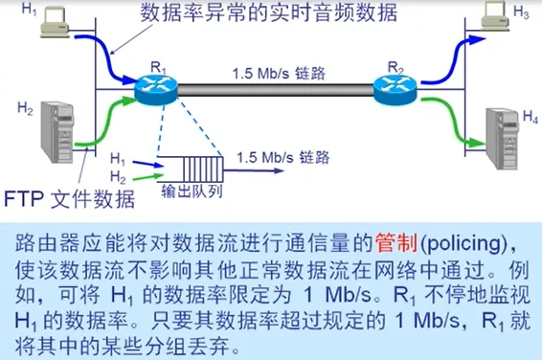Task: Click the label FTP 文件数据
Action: tap(71, 199)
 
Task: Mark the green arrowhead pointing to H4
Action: tap(476, 146)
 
